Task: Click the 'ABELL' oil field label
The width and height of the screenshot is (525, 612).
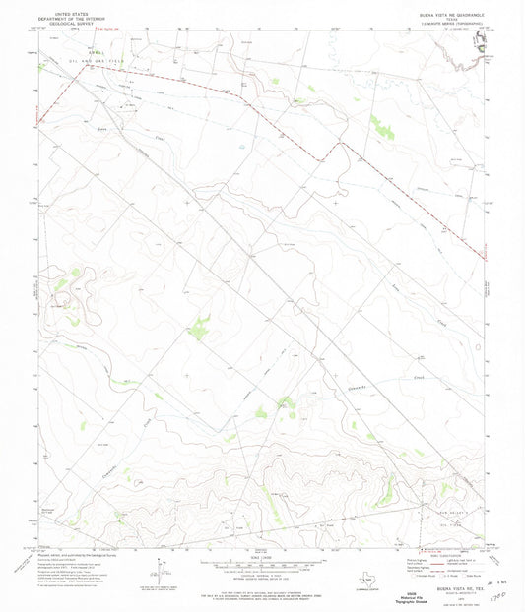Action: point(94,52)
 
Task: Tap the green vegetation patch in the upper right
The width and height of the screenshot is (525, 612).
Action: point(379,125)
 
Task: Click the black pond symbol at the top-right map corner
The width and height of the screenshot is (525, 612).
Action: point(482,41)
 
